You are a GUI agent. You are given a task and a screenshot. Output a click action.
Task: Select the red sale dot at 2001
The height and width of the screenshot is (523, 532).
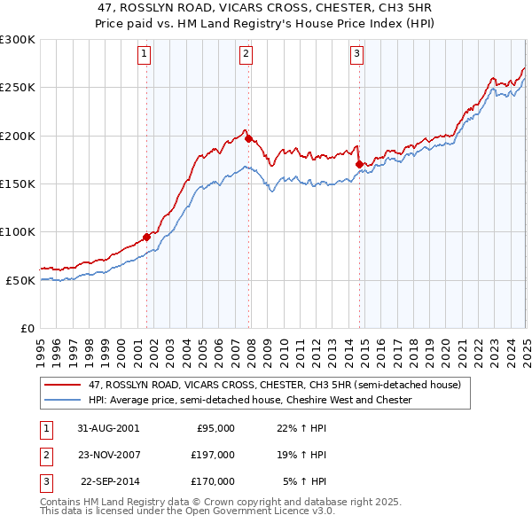coord(147,237)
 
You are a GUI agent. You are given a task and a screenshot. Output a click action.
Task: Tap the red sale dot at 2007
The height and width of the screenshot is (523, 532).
coord(248,138)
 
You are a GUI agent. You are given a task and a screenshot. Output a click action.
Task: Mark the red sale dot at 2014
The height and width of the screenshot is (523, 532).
coord(359,164)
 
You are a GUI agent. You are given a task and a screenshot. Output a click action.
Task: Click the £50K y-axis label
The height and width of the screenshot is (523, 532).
coord(20,280)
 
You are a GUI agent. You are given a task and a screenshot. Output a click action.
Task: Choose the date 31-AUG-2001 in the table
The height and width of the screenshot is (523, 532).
coord(109,428)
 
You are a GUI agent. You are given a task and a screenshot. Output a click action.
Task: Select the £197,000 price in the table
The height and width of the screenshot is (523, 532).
coord(213,455)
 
